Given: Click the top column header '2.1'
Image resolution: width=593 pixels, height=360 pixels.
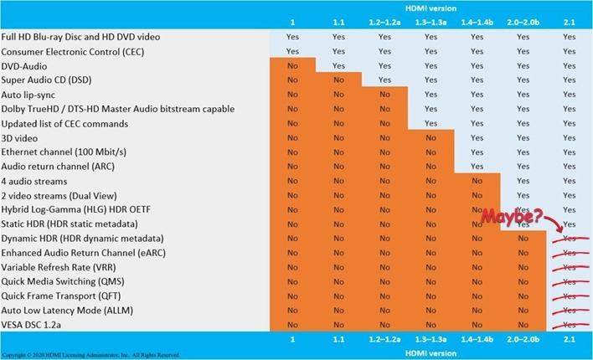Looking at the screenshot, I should click(569, 22).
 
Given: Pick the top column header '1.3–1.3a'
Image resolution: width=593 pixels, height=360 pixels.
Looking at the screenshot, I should click(430, 22).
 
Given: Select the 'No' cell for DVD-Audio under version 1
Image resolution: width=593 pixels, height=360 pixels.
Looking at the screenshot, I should click(291, 65).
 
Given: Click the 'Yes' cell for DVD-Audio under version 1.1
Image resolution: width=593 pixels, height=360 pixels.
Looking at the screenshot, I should click(338, 65).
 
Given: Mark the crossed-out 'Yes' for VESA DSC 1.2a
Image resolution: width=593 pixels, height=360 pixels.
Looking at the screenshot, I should click(570, 325).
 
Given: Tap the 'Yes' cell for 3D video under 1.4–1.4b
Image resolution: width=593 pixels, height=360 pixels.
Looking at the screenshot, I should click(477, 137).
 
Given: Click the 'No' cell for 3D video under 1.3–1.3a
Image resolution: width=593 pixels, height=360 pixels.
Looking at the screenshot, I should click(430, 137).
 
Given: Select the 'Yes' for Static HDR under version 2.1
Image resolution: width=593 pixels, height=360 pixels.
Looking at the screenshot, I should click(570, 224).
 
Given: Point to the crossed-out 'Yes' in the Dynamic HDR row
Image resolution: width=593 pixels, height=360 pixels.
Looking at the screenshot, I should click(570, 239).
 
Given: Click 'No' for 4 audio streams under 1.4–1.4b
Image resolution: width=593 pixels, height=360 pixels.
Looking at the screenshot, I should click(477, 181).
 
